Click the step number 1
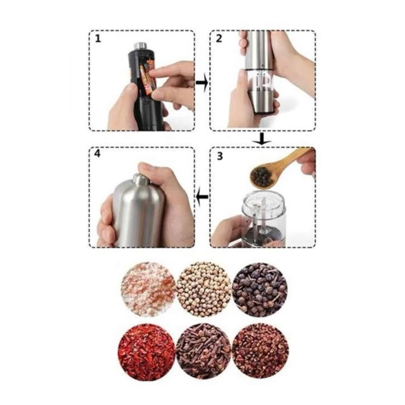pos(98,39)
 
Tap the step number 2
pos(219,39)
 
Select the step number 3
pos(219,156)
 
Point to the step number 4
pos(97,154)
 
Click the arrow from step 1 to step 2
pos(202,83)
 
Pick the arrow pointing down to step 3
pos(262,139)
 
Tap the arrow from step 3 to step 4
pos(202,197)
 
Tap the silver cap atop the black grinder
pos(141,46)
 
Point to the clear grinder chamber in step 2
pos(260,81)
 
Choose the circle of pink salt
pos(148,289)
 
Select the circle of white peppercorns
pos(204,289)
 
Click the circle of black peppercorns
pos(260,290)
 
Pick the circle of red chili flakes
pos(146,351)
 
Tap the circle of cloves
pos(204,351)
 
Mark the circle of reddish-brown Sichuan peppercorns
pos(260,351)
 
